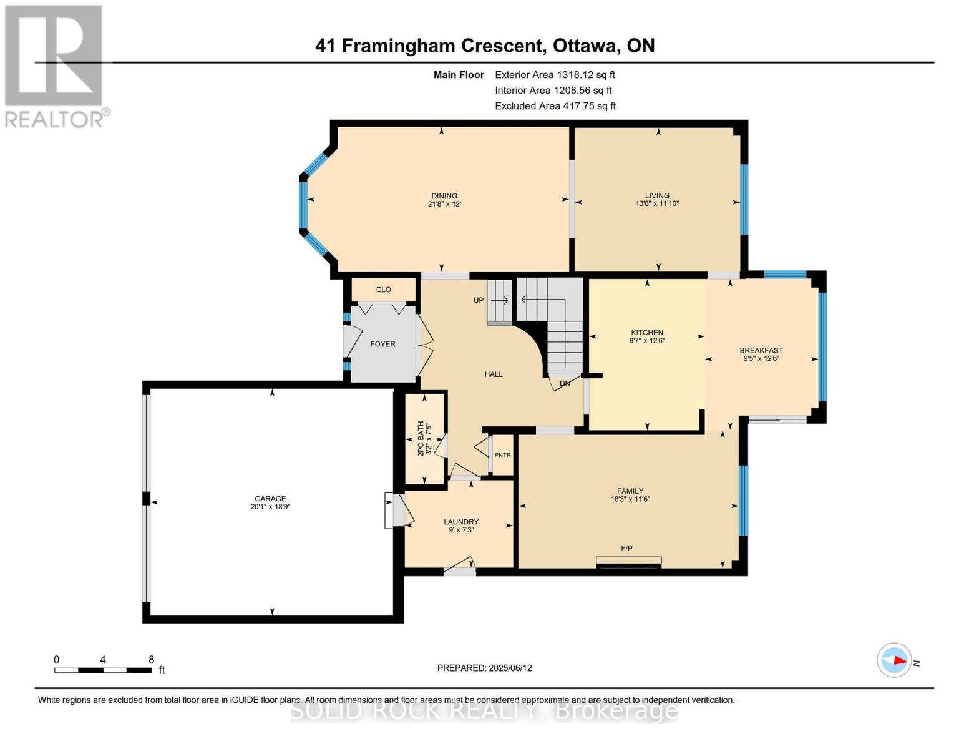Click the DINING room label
coord(444,196)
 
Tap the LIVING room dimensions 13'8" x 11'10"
coord(657,203)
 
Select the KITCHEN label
coord(647,333)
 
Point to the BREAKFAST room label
coord(761,350)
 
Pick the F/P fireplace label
coord(626,548)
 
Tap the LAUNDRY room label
coord(461,522)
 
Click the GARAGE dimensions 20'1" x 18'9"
coord(270,507)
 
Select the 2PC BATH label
coord(421,438)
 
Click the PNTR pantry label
coord(502,455)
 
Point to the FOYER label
coord(382,344)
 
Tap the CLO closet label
coord(383,290)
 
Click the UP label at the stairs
coord(479,300)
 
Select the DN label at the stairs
coord(565,383)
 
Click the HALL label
coord(494,374)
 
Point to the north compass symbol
coord(895,660)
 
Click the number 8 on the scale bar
coord(151,659)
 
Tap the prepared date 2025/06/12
coord(510,668)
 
